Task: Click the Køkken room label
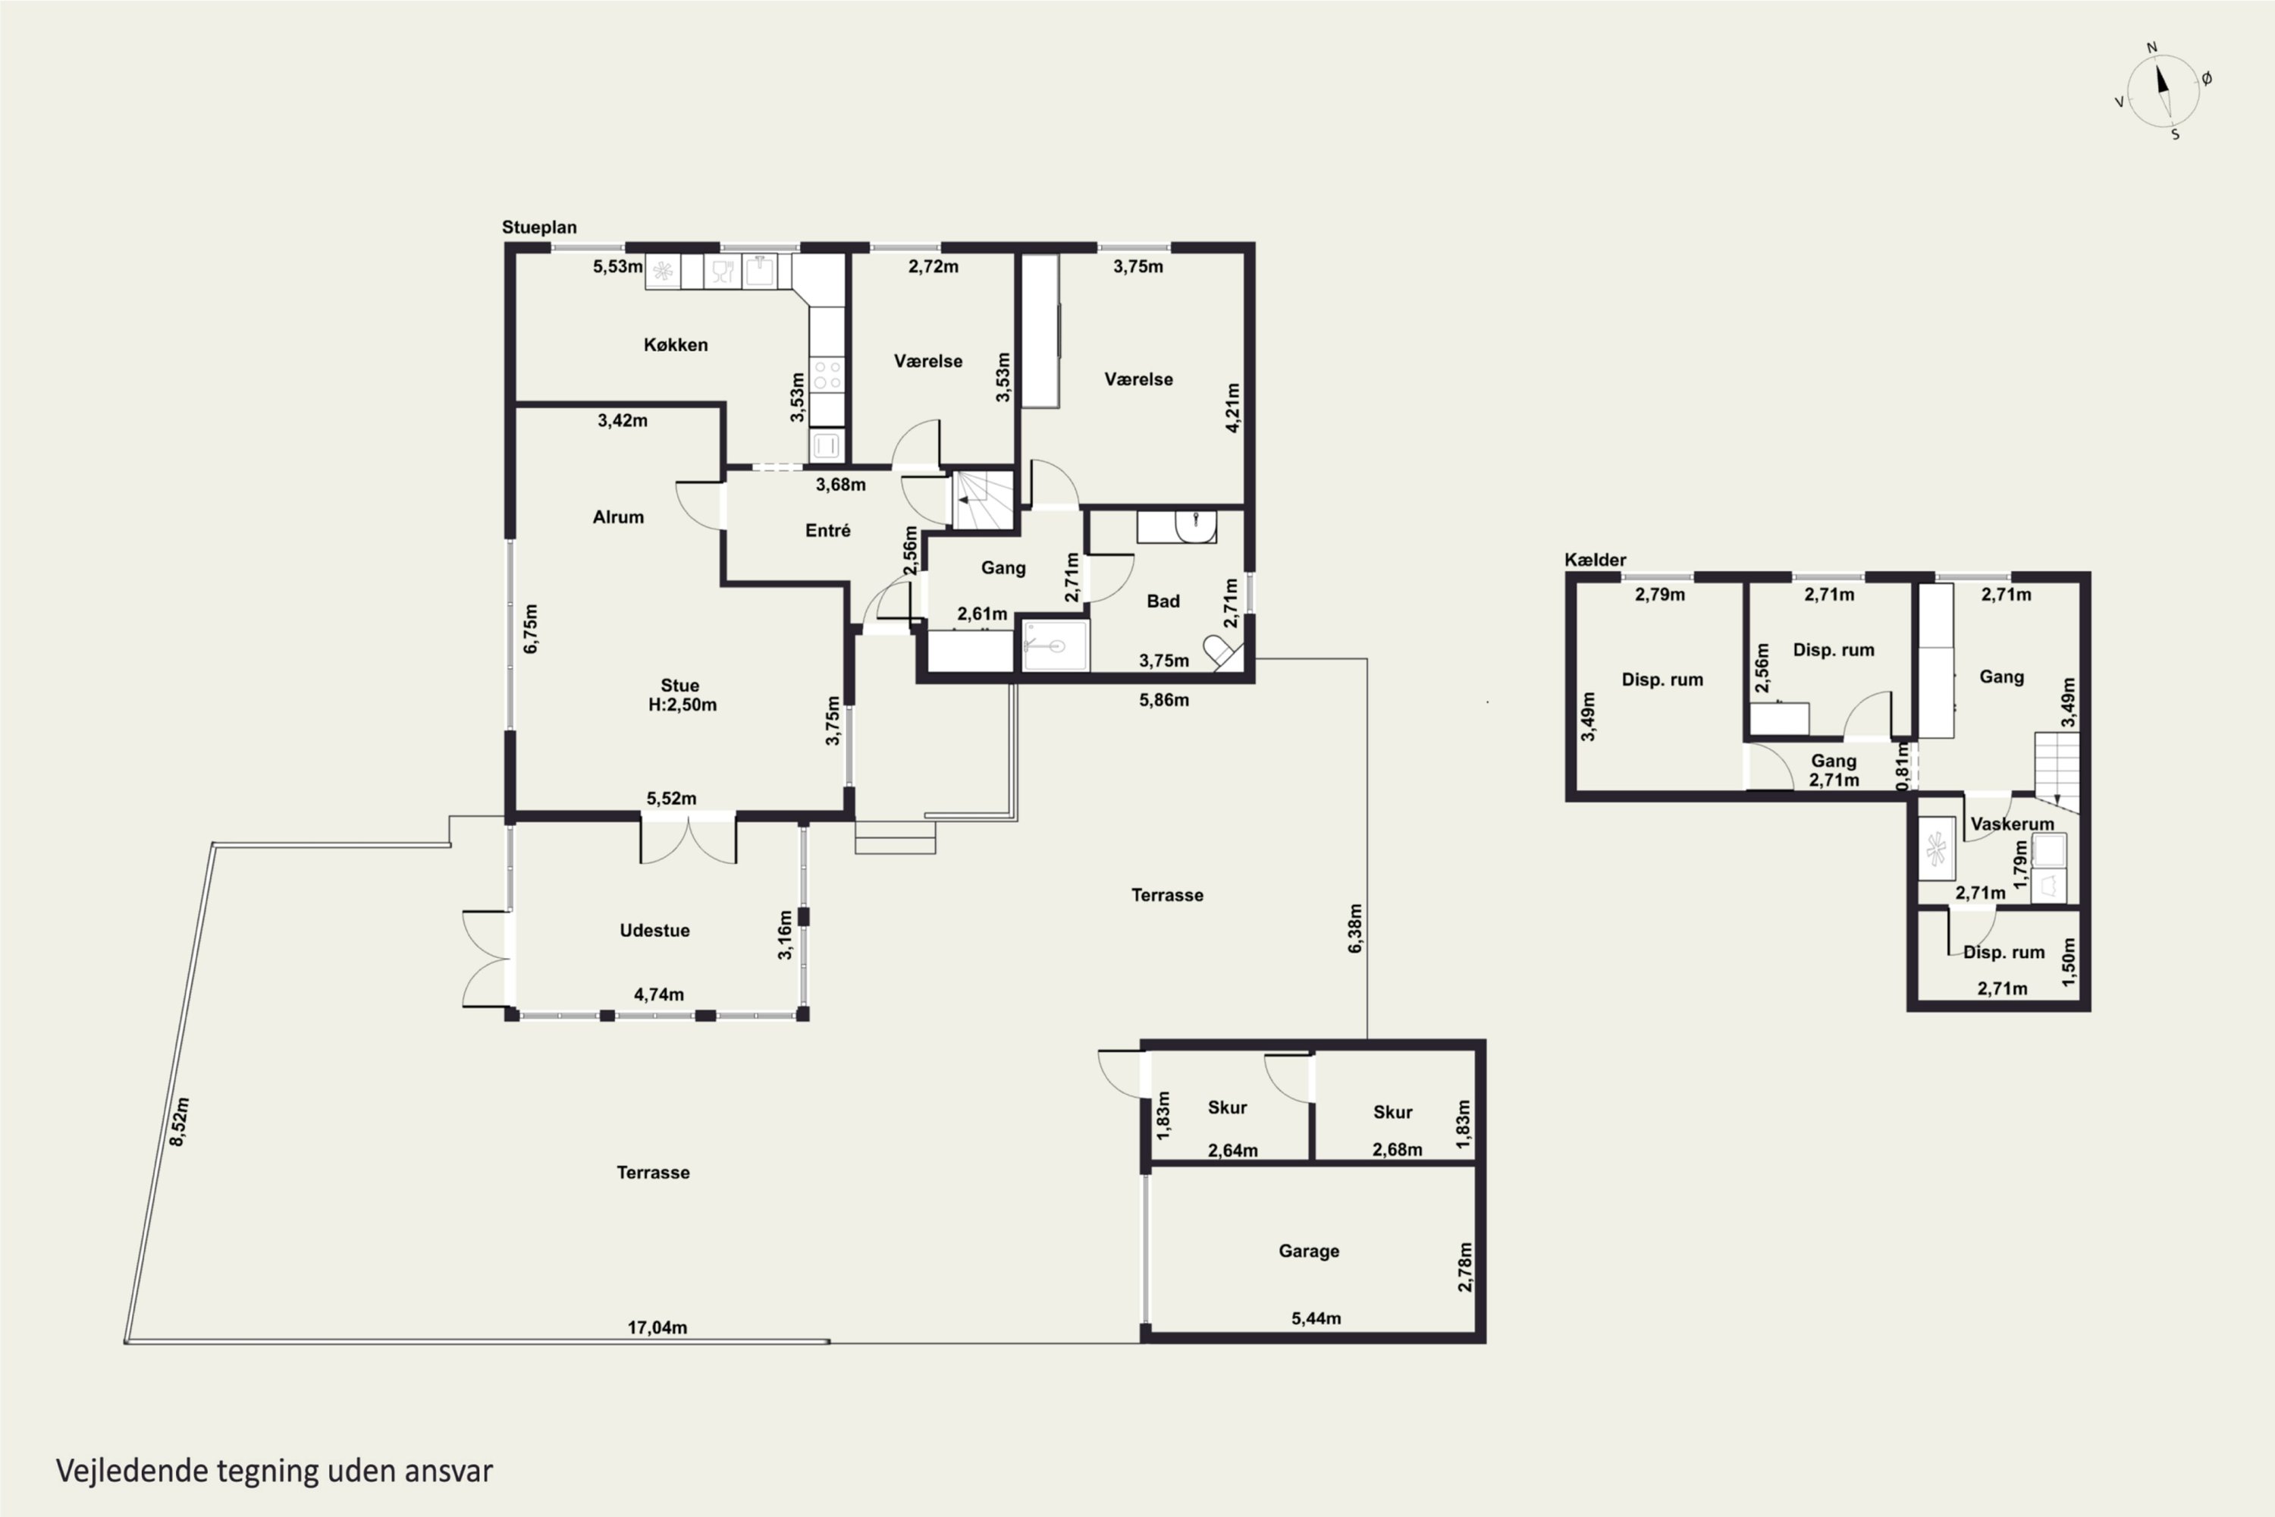(675, 344)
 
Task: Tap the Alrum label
(618, 517)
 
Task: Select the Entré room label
(828, 530)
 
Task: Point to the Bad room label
(1163, 601)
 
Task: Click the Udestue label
(655, 930)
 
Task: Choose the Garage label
(1309, 1251)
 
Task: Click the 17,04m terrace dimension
(657, 1327)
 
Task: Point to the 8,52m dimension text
(179, 1123)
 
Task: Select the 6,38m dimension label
(1355, 928)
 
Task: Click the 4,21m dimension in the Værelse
(1232, 407)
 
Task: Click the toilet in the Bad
(1222, 651)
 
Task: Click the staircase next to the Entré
(984, 500)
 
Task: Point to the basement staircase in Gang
(2057, 772)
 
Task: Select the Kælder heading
(1595, 559)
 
